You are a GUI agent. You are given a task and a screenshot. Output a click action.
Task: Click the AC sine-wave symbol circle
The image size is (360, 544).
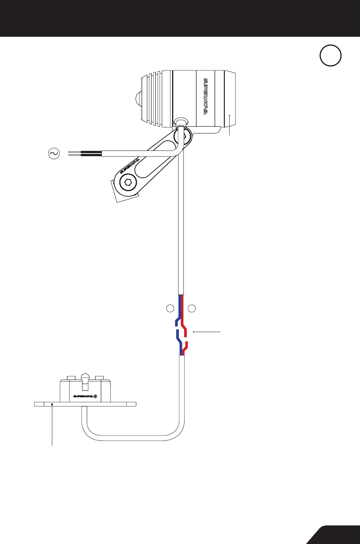click(x=54, y=154)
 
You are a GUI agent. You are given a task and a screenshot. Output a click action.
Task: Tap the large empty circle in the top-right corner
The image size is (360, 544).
click(x=330, y=55)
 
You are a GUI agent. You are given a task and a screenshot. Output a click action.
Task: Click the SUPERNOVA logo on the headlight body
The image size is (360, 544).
click(x=206, y=96)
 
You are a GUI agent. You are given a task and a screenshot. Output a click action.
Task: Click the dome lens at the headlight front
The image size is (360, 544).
click(x=138, y=99)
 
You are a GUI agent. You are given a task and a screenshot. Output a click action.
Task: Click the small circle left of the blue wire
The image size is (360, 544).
click(x=170, y=309)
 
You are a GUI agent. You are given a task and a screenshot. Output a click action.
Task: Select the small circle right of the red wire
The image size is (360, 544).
click(x=192, y=309)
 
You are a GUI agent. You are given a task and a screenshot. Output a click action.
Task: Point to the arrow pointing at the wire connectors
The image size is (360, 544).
click(x=207, y=331)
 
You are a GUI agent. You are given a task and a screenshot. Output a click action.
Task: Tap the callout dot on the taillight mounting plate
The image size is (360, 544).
click(x=52, y=404)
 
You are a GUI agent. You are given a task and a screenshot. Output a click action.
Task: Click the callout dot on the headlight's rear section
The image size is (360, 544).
click(x=229, y=115)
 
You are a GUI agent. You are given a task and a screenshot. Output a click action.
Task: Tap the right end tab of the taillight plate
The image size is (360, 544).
click(x=131, y=404)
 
